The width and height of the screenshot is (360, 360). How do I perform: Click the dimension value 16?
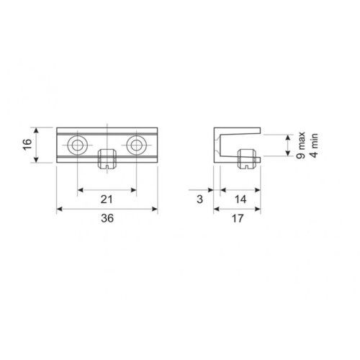28,144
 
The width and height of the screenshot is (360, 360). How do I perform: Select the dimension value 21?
107,199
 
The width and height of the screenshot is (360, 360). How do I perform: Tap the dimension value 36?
107,218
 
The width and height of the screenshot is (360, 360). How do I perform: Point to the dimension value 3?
199,199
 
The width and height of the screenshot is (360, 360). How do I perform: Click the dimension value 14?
240,199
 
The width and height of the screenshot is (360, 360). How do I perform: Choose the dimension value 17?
238,218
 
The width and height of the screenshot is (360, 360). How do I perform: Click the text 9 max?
300,145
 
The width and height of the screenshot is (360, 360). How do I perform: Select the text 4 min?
314,145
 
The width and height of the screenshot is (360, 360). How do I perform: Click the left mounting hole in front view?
77,145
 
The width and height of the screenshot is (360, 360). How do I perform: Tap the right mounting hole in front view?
136,145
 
